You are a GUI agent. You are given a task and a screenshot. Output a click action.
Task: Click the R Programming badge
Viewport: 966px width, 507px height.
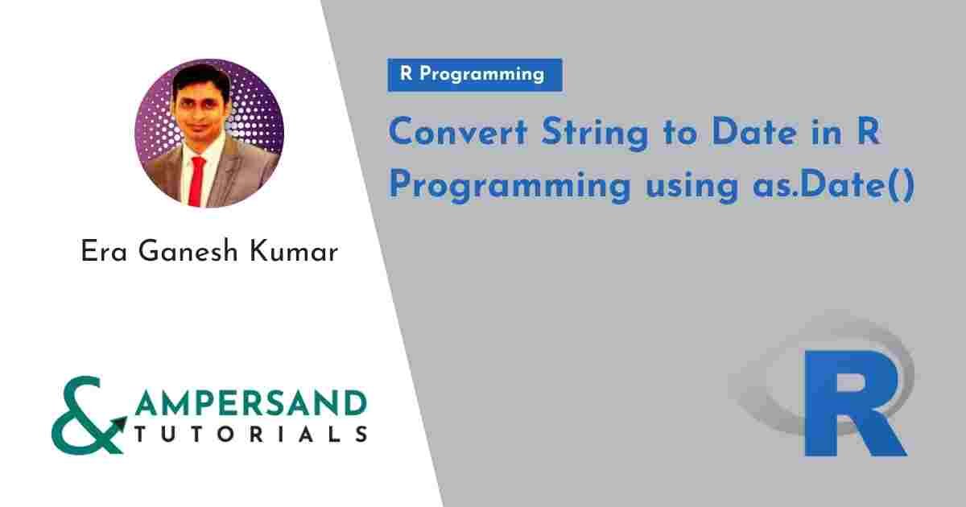click(x=474, y=75)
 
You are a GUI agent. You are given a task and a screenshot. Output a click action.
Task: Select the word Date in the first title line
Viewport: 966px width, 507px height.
click(x=753, y=134)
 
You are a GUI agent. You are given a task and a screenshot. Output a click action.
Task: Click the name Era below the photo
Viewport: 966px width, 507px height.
click(x=103, y=253)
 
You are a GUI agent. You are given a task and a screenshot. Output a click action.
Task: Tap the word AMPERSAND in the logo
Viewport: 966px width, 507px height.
click(x=250, y=402)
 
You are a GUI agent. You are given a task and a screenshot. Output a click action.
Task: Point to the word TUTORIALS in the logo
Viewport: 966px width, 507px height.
click(x=250, y=435)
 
